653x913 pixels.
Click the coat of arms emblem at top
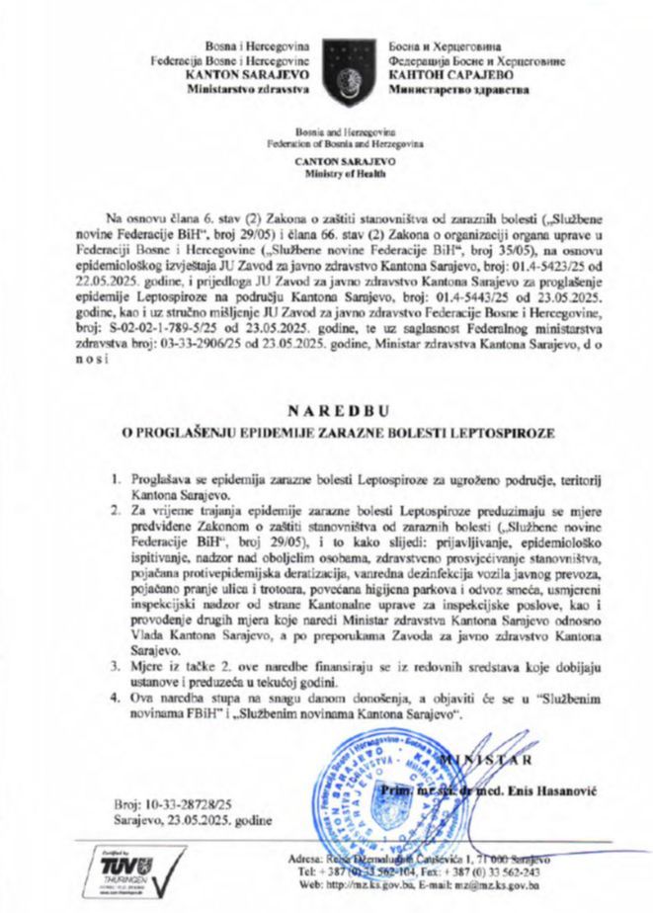click(349, 62)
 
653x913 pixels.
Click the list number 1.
click(117, 478)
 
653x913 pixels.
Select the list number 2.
click(117, 511)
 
